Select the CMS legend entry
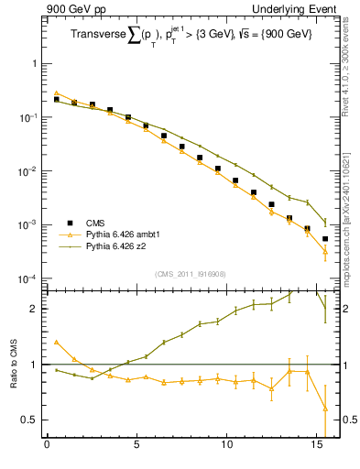click(96, 223)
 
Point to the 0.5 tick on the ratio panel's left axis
click(29, 420)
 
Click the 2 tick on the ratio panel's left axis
click(33, 309)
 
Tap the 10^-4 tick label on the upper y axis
click(27, 278)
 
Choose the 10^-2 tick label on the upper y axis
click(27, 171)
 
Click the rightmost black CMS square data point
click(325, 239)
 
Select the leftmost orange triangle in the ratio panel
click(56, 342)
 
